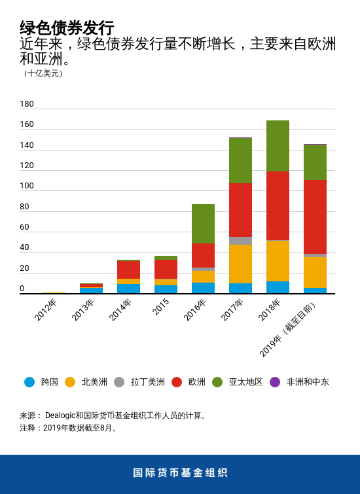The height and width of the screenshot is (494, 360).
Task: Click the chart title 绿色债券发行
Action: click(67, 28)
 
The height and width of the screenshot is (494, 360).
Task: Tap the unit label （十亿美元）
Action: click(43, 73)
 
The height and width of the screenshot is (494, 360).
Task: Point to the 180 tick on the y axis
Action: click(27, 104)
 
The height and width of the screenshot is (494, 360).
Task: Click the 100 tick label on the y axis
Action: click(27, 186)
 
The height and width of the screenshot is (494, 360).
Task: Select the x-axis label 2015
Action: click(161, 307)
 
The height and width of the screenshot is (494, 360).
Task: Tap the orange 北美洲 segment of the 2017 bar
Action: click(240, 264)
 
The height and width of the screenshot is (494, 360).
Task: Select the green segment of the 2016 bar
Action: click(203, 223)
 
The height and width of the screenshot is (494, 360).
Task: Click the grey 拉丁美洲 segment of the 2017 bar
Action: click(240, 241)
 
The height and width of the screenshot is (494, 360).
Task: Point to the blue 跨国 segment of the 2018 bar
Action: click(278, 287)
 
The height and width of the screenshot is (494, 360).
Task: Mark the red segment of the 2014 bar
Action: click(128, 270)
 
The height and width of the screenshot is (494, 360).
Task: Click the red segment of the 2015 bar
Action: click(166, 269)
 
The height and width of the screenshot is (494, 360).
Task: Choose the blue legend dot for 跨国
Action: click(29, 382)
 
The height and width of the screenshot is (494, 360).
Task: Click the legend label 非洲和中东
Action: click(308, 382)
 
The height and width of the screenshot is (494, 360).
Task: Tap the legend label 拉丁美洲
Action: click(147, 382)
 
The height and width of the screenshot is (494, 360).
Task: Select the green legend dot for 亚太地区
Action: click(217, 382)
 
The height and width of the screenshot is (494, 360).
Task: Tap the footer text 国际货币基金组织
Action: click(180, 473)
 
